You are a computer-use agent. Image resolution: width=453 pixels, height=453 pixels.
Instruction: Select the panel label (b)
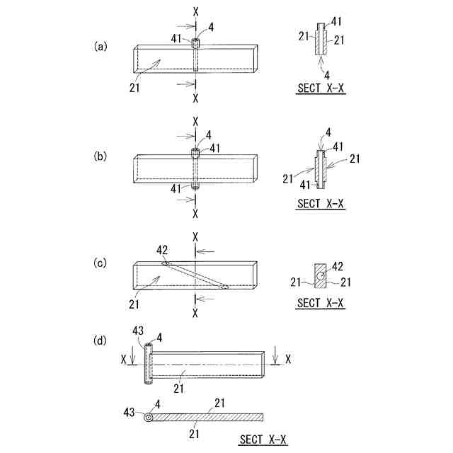pos(101,154)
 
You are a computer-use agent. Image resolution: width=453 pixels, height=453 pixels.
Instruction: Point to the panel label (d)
pos(101,340)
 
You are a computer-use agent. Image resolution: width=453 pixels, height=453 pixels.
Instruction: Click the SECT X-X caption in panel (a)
pos(321,90)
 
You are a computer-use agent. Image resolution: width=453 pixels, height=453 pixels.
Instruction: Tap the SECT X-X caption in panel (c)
pos(321,303)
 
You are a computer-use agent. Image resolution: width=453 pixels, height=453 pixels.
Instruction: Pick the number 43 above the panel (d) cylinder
pos(138,331)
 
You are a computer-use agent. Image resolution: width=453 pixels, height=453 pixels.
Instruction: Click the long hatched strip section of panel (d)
pos(209,417)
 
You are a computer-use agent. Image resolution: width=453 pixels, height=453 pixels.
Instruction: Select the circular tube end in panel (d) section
pos(149,418)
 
